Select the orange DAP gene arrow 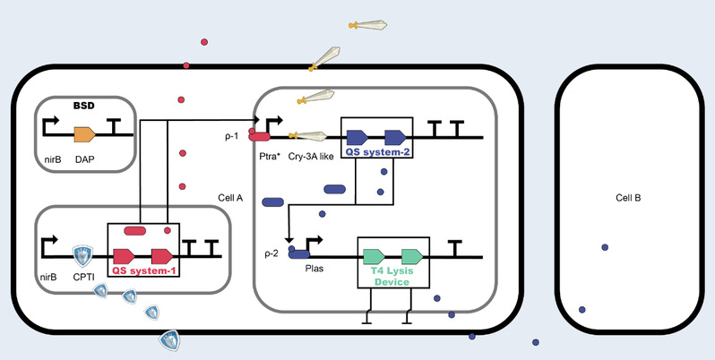coord(85,134)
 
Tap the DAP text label coord(85,159)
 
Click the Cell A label coord(230,198)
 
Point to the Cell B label coord(628,198)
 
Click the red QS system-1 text coord(143,270)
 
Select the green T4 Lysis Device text coord(393,276)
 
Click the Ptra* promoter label coord(269,157)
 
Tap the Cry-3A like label coord(311,157)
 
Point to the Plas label coord(314,269)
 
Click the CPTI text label coord(82,276)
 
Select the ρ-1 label coord(232,136)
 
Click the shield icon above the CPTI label coord(83,255)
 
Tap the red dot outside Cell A coord(204,42)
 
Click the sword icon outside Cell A coord(367,24)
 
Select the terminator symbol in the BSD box coord(114,126)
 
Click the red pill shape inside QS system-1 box coord(135,230)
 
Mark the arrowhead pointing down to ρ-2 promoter coord(289,239)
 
